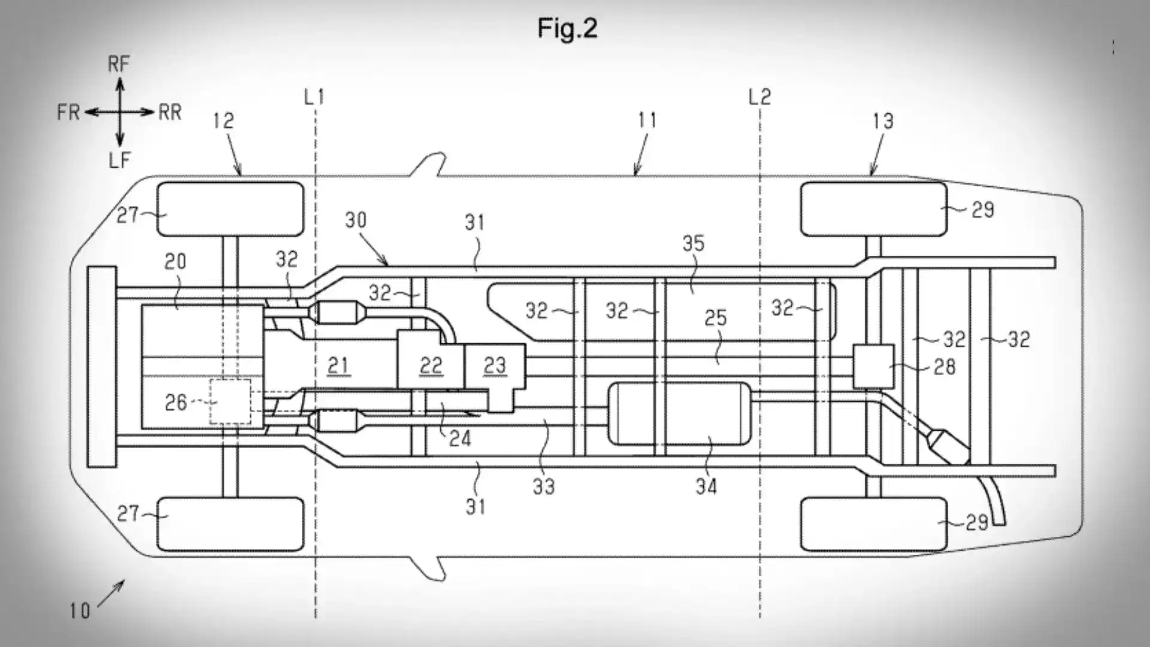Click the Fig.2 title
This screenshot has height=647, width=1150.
[567, 28]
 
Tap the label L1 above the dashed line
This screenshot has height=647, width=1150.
[314, 96]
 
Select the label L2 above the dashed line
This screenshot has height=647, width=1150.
[759, 96]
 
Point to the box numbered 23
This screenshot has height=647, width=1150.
[495, 365]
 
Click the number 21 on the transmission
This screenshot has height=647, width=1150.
[339, 365]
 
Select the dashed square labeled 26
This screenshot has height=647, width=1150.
[230, 402]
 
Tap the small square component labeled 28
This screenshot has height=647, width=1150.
[873, 365]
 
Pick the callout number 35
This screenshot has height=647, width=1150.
[693, 243]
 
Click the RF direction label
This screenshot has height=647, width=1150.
[119, 64]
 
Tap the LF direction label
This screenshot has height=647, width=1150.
[119, 160]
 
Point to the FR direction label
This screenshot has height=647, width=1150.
[68, 112]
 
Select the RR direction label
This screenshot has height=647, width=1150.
[170, 112]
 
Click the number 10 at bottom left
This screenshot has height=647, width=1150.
[79, 611]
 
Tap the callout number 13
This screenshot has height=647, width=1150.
[883, 121]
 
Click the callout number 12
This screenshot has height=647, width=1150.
[223, 121]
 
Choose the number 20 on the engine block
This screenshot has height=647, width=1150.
[175, 261]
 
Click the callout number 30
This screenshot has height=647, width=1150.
[355, 220]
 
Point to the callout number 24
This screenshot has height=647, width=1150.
[459, 439]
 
